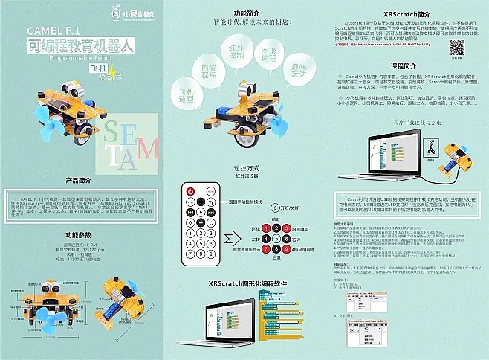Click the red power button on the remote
pyautogui.click(x=190, y=190)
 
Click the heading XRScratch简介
pyautogui.click(x=406, y=14)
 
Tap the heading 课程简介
pyautogui.click(x=406, y=65)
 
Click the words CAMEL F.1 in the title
pyautogui.click(x=54, y=31)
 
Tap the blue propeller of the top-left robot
pyautogui.click(x=40, y=118)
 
